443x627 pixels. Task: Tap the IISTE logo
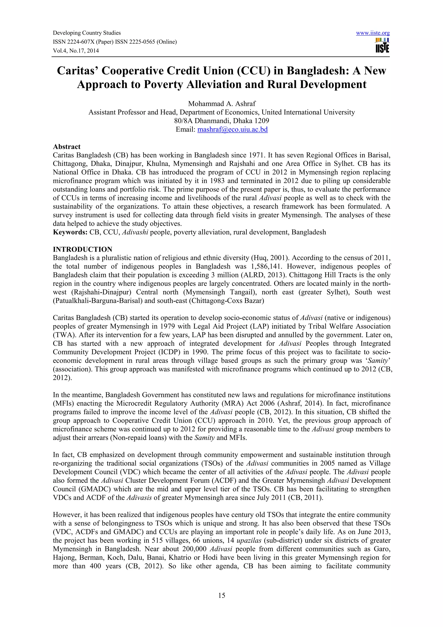coord(382,46)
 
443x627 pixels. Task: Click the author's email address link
coord(232,129)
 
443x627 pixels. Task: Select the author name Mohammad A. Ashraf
coord(222,104)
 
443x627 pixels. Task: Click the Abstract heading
coord(67,147)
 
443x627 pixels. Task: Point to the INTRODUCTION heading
coord(82,249)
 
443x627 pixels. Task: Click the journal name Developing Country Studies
coord(87,33)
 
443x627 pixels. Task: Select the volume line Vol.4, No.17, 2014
coord(76,51)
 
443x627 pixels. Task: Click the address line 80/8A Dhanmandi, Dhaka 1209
coord(222,121)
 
